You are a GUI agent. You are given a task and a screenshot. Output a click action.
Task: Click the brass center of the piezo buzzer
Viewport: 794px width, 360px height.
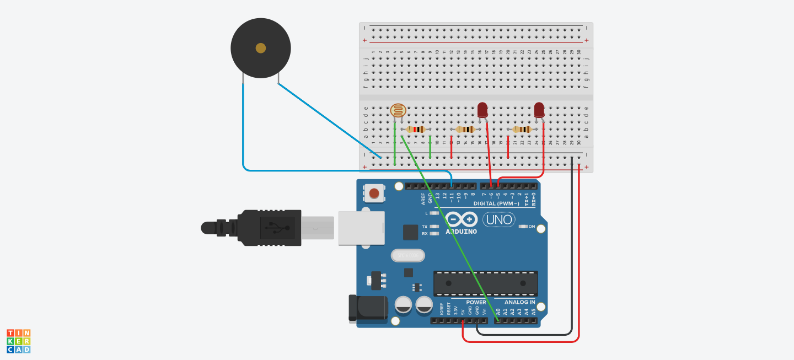(261, 49)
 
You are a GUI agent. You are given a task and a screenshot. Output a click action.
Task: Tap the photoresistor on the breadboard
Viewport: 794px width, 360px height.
(398, 110)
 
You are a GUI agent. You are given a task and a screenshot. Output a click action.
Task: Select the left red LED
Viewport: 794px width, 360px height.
(482, 109)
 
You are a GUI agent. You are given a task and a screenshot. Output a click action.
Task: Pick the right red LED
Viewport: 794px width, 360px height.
(539, 109)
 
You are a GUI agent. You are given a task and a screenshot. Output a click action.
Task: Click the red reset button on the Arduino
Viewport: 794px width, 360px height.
(374, 193)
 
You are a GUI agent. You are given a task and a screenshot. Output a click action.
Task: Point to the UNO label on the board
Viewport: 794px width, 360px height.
(499, 219)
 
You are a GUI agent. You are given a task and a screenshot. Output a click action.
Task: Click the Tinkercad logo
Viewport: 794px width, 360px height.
(18, 341)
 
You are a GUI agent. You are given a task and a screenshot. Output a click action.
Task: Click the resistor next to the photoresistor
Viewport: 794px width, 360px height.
(416, 130)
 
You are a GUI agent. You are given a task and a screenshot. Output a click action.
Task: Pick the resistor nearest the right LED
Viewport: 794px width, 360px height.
(522, 130)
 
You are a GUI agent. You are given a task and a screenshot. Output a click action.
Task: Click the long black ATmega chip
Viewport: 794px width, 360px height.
(485, 283)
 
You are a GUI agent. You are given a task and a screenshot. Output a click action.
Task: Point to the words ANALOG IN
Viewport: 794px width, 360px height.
(519, 302)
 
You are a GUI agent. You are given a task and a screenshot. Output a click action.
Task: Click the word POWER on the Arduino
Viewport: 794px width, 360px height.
(476, 302)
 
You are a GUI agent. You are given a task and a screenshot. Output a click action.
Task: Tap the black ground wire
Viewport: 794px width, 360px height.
(572, 248)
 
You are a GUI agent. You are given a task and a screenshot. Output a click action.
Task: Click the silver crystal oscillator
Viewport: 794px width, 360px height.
(408, 255)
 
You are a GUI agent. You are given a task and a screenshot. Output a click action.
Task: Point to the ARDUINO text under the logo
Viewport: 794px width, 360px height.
(461, 232)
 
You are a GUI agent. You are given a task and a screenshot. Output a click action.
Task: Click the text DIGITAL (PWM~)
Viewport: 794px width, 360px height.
(496, 203)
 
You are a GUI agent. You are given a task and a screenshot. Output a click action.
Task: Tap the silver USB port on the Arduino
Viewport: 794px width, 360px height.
(361, 227)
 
